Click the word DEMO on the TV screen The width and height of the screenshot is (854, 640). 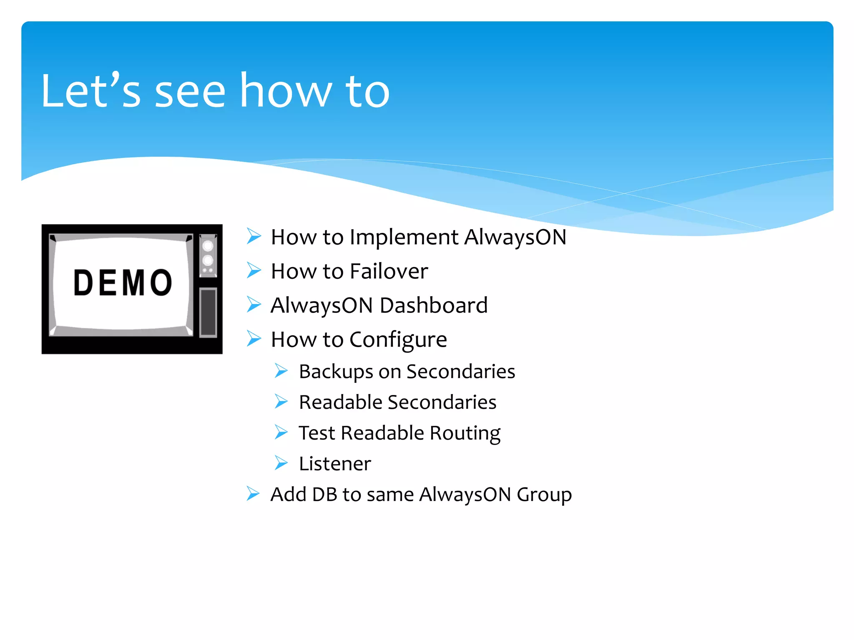click(x=123, y=283)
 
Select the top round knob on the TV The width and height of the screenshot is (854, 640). click(x=208, y=246)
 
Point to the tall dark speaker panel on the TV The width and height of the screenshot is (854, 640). click(x=208, y=312)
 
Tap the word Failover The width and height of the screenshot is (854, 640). click(x=389, y=271)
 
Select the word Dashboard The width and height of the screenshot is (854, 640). click(x=434, y=305)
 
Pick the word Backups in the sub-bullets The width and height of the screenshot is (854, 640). click(x=336, y=371)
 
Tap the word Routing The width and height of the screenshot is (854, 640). click(x=465, y=433)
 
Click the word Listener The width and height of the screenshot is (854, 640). click(x=335, y=464)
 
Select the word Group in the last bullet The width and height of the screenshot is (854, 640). click(x=544, y=495)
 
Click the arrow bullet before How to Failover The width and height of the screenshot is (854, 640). click(x=254, y=270)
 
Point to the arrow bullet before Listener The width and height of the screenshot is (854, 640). click(x=281, y=463)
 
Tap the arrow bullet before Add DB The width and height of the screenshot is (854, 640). click(x=253, y=494)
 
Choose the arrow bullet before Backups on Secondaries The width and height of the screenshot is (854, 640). click(x=281, y=370)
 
